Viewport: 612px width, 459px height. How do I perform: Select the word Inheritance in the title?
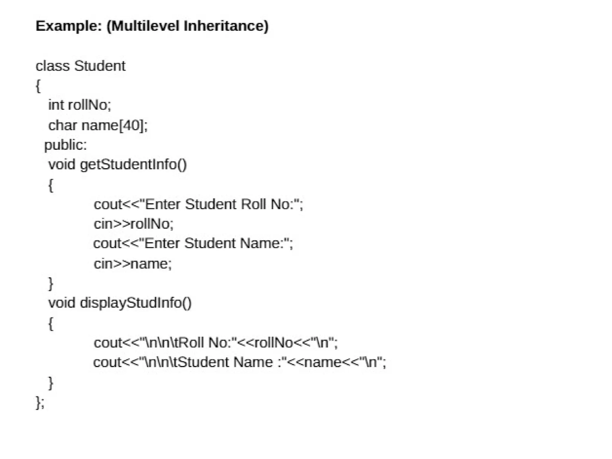(226, 26)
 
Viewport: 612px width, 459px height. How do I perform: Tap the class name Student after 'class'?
(100, 66)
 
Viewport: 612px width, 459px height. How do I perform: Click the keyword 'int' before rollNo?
(56, 105)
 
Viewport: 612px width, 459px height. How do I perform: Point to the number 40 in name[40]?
(131, 125)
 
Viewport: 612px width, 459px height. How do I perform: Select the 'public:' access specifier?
(65, 145)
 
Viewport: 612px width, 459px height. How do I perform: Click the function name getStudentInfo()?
(133, 165)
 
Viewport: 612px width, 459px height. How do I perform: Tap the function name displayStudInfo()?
(136, 303)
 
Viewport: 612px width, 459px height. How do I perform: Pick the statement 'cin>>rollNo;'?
(133, 224)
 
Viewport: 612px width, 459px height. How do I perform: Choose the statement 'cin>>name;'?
(133, 264)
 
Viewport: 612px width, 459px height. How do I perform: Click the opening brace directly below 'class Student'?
(38, 86)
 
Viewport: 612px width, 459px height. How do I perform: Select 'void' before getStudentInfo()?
(62, 165)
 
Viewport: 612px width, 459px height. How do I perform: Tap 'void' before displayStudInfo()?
(62, 303)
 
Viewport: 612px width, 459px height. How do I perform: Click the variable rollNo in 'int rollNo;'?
(89, 105)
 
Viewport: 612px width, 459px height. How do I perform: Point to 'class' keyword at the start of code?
(52, 66)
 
